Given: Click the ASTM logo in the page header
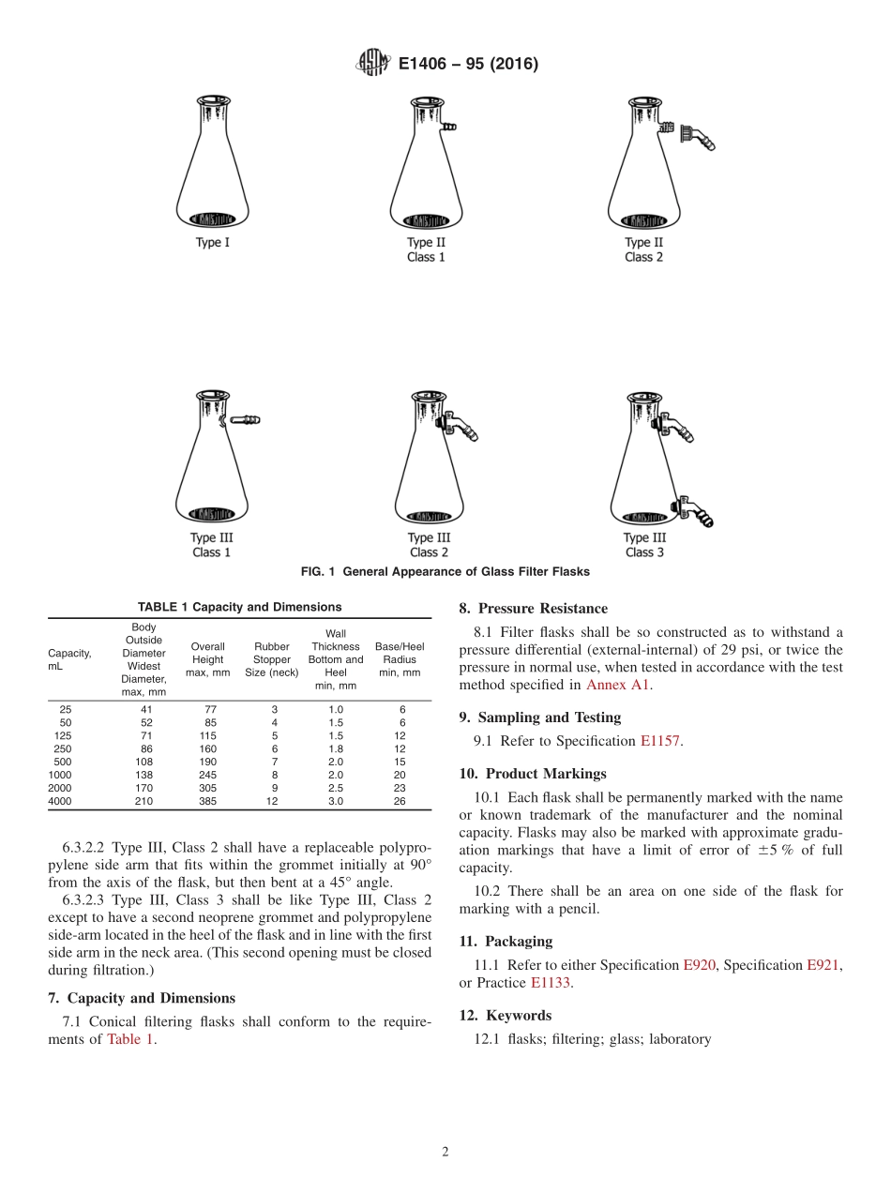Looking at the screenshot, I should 374,64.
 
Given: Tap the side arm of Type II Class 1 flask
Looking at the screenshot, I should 448,125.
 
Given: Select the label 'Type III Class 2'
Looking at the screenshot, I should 428,545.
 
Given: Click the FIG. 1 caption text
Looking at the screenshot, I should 445,572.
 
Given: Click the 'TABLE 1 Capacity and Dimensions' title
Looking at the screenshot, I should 239,607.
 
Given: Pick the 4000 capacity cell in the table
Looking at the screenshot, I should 60,801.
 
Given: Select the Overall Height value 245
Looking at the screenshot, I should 207,775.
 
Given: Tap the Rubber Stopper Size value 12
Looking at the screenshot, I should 272,801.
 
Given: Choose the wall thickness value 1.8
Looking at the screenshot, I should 336,748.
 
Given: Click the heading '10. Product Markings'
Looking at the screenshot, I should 532,774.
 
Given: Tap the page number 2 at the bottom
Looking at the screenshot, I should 445,1153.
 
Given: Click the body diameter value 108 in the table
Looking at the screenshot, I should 143,762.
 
